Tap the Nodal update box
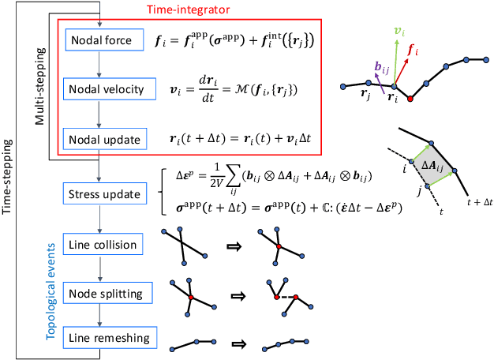point(103,139)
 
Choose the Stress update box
point(102,193)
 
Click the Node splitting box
point(102,294)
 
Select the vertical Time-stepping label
point(10,182)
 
